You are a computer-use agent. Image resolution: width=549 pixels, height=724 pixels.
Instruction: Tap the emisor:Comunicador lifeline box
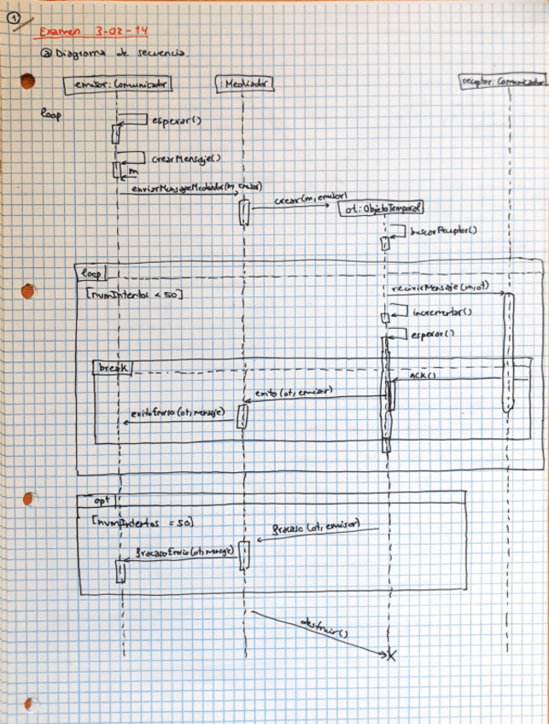point(114,83)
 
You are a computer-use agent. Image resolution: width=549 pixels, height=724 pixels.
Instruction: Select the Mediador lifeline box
point(244,83)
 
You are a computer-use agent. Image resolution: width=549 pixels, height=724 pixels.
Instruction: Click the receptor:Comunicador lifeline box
point(502,82)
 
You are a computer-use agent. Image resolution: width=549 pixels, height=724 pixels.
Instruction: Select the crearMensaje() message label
point(185,158)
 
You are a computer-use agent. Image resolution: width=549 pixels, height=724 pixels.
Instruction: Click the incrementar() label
point(442,312)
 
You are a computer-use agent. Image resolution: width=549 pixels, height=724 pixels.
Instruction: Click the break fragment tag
point(114,366)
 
